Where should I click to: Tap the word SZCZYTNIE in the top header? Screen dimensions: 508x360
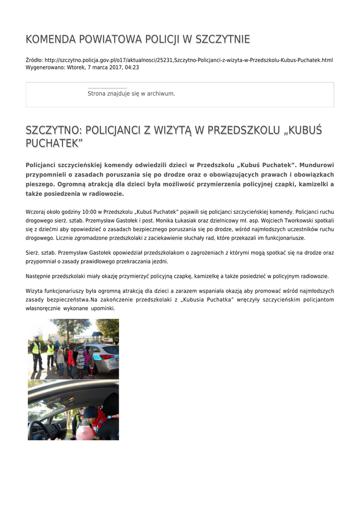tap(223, 39)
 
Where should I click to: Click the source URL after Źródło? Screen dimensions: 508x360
tap(189, 60)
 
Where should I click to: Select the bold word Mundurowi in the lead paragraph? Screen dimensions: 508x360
tap(317, 165)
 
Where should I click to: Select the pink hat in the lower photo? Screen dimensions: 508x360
tap(85, 430)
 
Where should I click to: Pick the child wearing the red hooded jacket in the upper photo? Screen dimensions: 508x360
tap(71, 358)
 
